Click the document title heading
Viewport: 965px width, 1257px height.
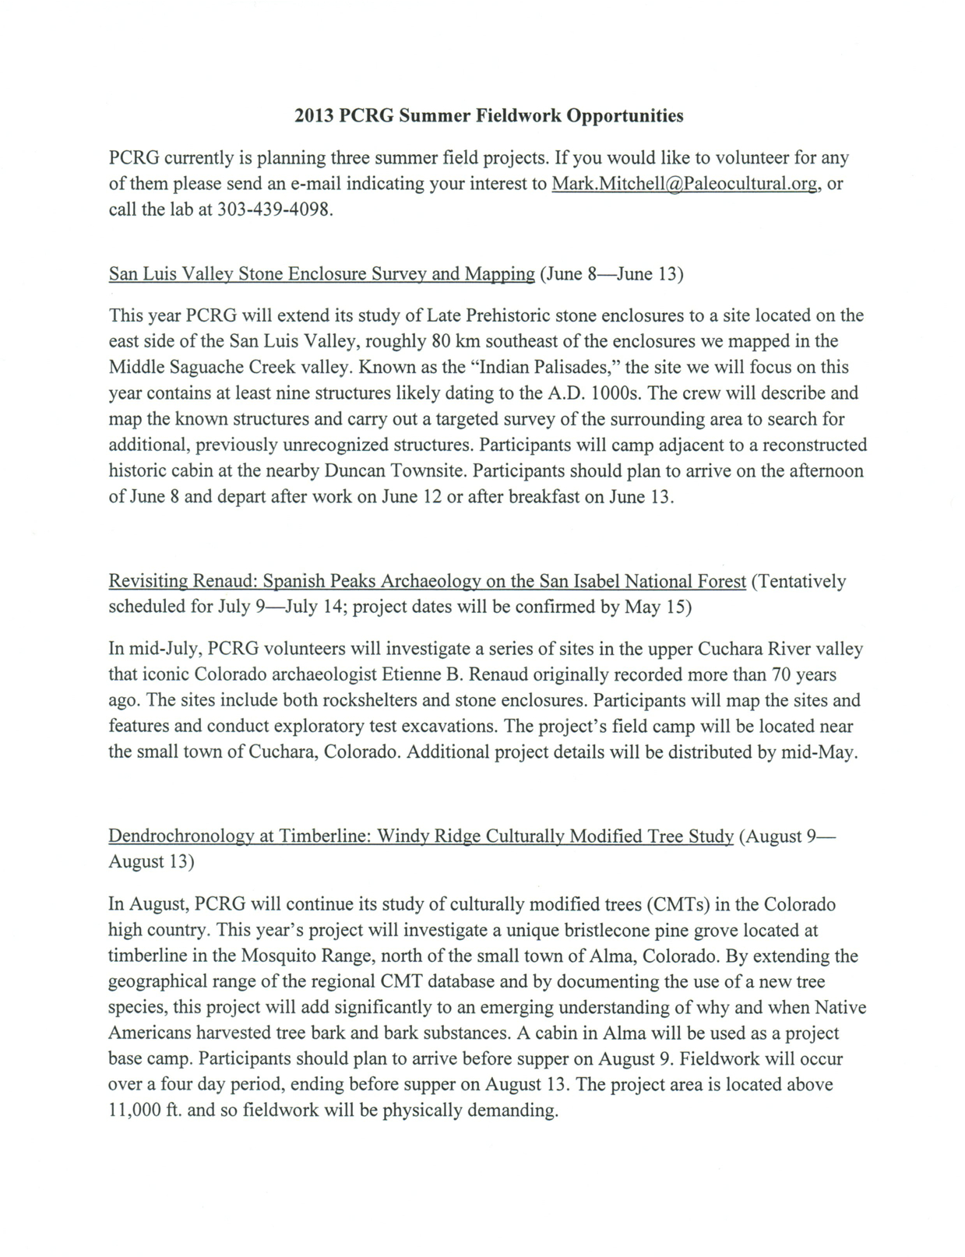pyautogui.click(x=488, y=116)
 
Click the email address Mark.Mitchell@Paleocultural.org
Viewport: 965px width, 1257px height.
pyautogui.click(x=685, y=184)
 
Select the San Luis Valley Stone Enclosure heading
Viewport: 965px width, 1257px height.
pyautogui.click(x=322, y=274)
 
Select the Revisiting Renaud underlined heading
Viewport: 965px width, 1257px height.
pyautogui.click(x=427, y=581)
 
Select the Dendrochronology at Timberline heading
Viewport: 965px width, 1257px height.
pyautogui.click(x=421, y=836)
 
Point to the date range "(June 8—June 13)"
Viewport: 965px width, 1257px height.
pyautogui.click(x=611, y=274)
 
